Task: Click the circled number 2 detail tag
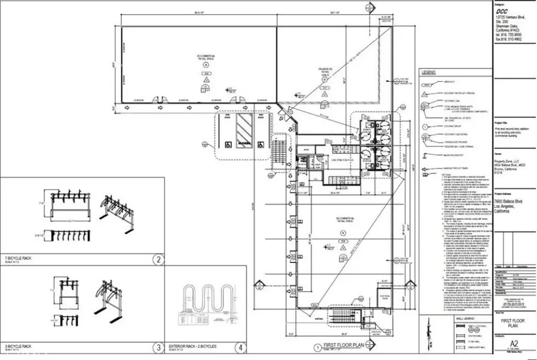tap(157, 259)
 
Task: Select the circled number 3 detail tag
tap(157, 347)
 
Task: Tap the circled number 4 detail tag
tap(240, 347)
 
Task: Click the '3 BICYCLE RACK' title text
tap(18, 346)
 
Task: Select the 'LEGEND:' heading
tap(428, 72)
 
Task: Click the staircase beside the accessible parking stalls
tap(278, 149)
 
